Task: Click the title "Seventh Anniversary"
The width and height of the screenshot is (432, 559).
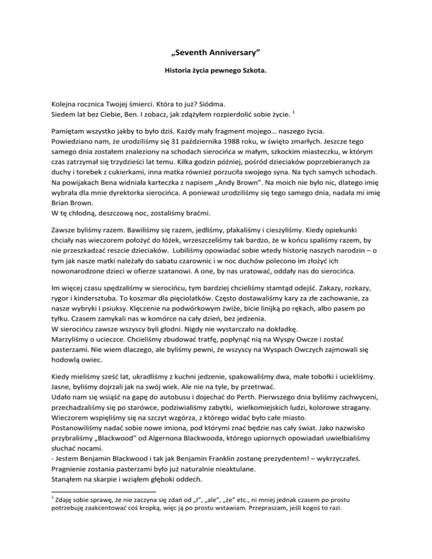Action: pos(215,54)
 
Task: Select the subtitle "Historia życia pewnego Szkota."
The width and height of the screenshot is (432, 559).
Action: pos(215,73)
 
